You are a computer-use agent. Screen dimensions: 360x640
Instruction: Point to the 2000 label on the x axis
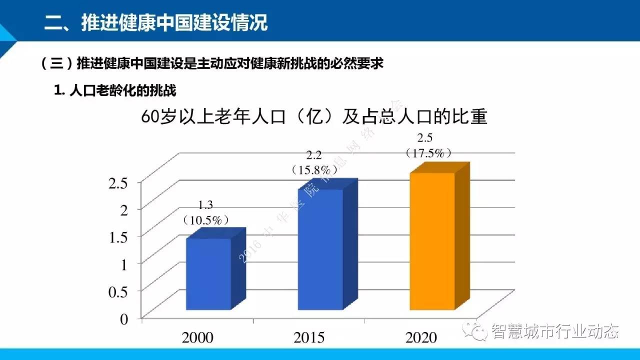pyautogui.click(x=197, y=337)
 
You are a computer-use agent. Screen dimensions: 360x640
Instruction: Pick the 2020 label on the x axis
pyautogui.click(x=421, y=337)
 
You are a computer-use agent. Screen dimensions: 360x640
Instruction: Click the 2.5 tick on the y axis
pyautogui.click(x=118, y=182)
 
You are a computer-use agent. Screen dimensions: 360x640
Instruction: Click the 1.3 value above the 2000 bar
pyautogui.click(x=206, y=205)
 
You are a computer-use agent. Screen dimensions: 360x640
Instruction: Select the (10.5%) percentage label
pyautogui.click(x=206, y=219)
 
